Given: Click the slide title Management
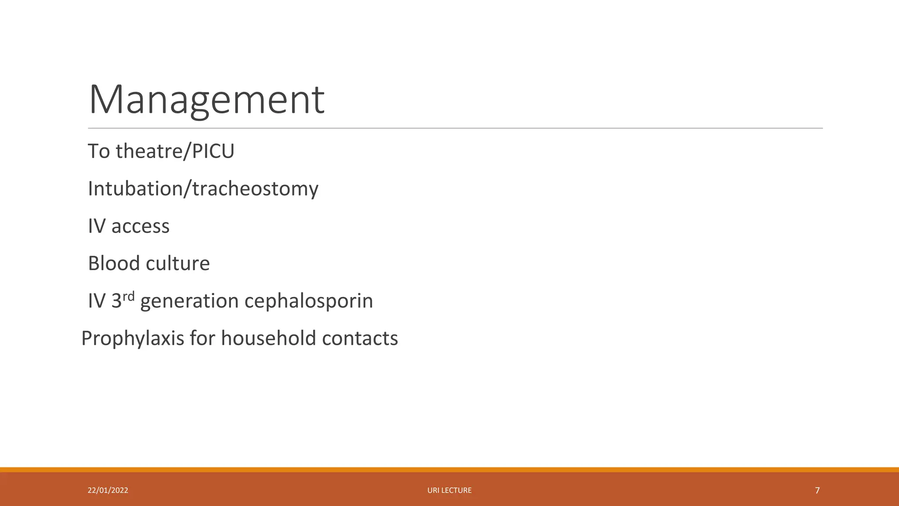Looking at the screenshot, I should (x=206, y=100).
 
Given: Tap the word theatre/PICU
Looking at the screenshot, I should (x=175, y=151).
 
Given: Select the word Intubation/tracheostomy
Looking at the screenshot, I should (x=203, y=189).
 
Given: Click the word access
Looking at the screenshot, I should (x=140, y=226).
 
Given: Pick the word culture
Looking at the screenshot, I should (x=177, y=264).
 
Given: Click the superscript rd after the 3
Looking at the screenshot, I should (x=128, y=296).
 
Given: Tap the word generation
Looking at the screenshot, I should (x=189, y=302).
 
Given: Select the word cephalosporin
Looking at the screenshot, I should (x=308, y=301).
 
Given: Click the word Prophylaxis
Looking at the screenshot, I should (x=133, y=339).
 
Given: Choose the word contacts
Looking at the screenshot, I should (x=360, y=338).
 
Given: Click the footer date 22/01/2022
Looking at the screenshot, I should (x=108, y=490).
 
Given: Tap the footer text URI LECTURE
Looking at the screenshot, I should (x=449, y=490).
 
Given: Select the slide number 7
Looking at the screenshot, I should (x=817, y=490).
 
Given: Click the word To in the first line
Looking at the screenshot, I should (x=99, y=151).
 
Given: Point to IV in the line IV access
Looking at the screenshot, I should (x=97, y=226).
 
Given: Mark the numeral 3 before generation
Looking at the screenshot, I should (x=116, y=301).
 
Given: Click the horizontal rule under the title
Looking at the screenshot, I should (x=455, y=128).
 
